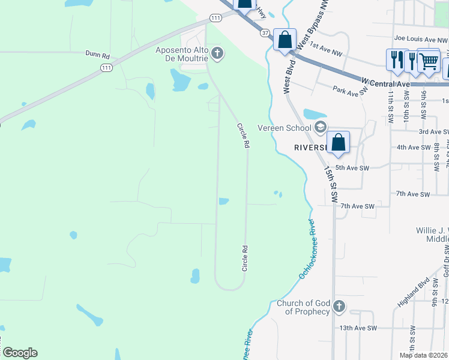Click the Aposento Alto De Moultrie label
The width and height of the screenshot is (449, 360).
[181, 55]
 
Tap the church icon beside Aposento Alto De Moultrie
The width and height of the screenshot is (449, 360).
[217, 55]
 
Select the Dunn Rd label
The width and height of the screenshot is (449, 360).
[98, 55]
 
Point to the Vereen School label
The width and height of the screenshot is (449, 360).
[284, 127]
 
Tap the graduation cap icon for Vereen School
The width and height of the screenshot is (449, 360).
[320, 127]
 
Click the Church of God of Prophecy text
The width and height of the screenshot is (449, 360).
[303, 307]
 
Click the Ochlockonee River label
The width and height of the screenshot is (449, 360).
[307, 249]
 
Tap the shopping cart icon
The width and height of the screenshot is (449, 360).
[428, 61]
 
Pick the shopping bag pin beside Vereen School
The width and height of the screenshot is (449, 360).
[339, 143]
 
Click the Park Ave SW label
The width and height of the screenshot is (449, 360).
[349, 90]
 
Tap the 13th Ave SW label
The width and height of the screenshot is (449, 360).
[357, 328]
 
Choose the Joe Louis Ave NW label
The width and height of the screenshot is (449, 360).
[420, 39]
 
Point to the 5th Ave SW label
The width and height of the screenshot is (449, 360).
[351, 167]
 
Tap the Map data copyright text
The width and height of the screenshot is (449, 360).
[424, 355]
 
